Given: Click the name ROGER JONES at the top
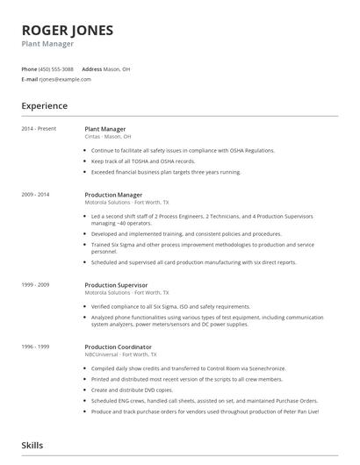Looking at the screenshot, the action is (x=68, y=30).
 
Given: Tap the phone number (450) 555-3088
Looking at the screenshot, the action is (x=57, y=68).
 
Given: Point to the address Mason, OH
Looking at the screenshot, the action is (x=118, y=68).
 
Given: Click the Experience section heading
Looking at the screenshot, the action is (x=44, y=106).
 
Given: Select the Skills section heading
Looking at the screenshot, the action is (x=32, y=446).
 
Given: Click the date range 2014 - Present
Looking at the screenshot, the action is (x=39, y=129).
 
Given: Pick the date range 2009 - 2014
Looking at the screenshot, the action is (x=36, y=195).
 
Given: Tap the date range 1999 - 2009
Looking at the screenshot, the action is (x=36, y=285).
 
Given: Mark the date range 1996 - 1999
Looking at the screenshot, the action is (x=36, y=347).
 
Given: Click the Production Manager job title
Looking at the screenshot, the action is (x=113, y=195).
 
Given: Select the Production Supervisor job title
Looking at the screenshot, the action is (x=116, y=285).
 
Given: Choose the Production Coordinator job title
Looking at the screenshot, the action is (x=119, y=347).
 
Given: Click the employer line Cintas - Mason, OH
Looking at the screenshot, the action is (x=108, y=137).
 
